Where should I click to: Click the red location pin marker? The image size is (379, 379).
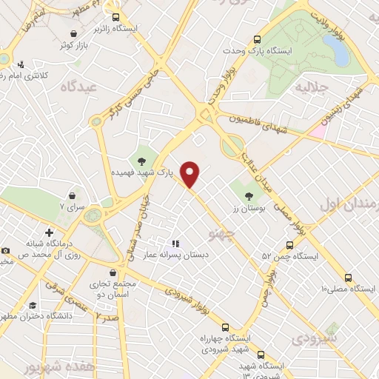tap(190, 174)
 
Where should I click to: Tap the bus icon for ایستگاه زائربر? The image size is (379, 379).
tap(115, 16)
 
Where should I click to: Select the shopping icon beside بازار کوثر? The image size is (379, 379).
tap(73, 33)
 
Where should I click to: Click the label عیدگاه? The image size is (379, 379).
tap(79, 87)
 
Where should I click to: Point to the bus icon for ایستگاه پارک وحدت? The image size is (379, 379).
tap(257, 39)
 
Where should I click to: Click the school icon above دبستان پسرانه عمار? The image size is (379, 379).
tap(175, 243)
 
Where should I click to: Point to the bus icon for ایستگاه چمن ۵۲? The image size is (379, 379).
tap(289, 245)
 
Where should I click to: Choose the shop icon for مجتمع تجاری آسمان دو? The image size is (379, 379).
tap(112, 272)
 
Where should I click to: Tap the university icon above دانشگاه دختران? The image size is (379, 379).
tap(31, 305)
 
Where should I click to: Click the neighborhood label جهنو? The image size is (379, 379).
tap(221, 235)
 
